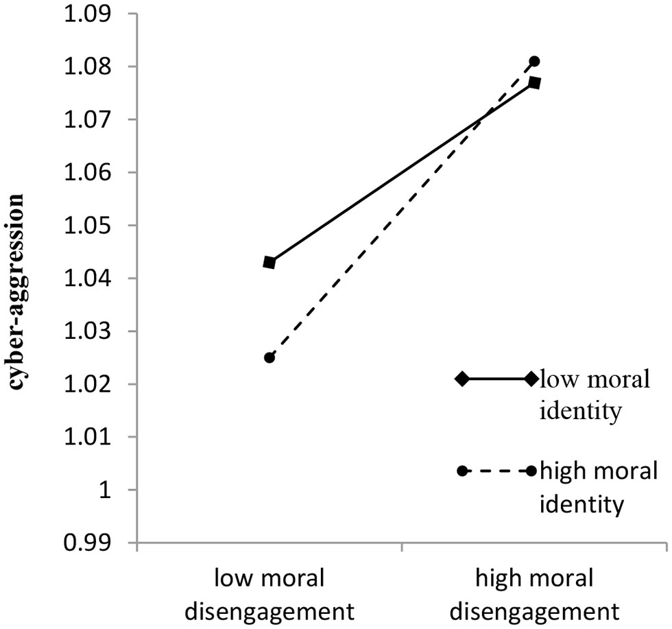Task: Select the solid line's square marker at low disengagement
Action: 269,263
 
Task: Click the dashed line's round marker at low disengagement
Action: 269,357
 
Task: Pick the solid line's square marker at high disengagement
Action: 534,83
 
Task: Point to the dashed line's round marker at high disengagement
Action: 534,61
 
